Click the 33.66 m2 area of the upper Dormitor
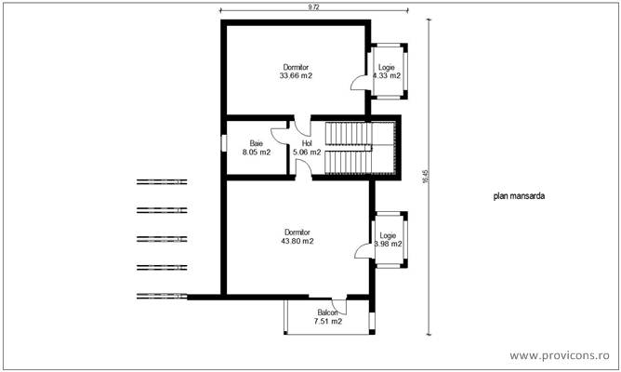pyautogui.click(x=296, y=76)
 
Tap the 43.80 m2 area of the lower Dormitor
pyautogui.click(x=296, y=241)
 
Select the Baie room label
pyautogui.click(x=256, y=143)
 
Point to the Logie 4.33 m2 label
pyautogui.click(x=387, y=72)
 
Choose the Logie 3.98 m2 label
pyautogui.click(x=388, y=240)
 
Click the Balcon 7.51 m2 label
pyautogui.click(x=327, y=317)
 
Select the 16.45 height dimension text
pyautogui.click(x=425, y=177)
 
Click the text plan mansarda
pyautogui.click(x=520, y=197)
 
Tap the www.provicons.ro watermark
pyautogui.click(x=563, y=355)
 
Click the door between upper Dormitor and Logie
pyautogui.click(x=358, y=82)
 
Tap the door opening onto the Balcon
pyautogui.click(x=338, y=304)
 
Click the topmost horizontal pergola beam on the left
pyautogui.click(x=162, y=180)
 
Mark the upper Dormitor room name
pyautogui.click(x=296, y=67)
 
